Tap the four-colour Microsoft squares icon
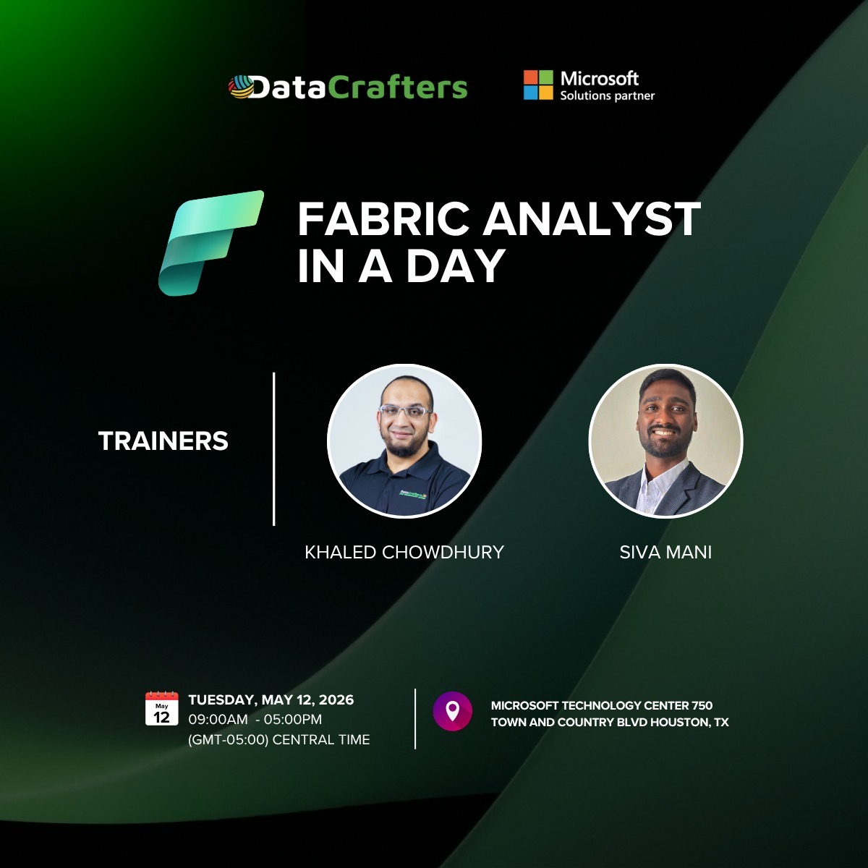pyautogui.click(x=537, y=85)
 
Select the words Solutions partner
pyautogui.click(x=607, y=95)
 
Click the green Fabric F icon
pyautogui.click(x=210, y=242)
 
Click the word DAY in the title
pyautogui.click(x=455, y=265)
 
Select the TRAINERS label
pyautogui.click(x=163, y=441)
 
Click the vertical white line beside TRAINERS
pyautogui.click(x=274, y=448)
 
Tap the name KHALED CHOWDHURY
pyautogui.click(x=404, y=552)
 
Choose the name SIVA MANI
pyautogui.click(x=665, y=552)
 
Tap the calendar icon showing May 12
pyautogui.click(x=161, y=708)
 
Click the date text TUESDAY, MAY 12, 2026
pyautogui.click(x=271, y=699)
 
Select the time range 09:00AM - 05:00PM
pyautogui.click(x=255, y=720)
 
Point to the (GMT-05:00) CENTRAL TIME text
pyautogui.click(x=278, y=739)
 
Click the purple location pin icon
pyautogui.click(x=452, y=711)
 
